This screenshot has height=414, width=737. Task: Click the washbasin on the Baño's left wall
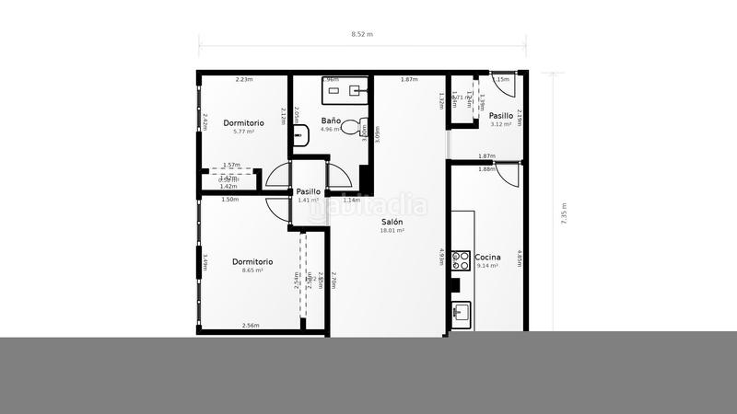[299, 137]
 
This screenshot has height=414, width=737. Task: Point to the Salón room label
[392, 222]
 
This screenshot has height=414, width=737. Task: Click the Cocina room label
[487, 256]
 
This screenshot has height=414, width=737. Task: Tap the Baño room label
[332, 121]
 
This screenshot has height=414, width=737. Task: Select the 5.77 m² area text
[243, 132]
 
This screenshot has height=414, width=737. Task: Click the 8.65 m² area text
[252, 270]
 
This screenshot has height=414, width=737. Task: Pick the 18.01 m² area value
[392, 231]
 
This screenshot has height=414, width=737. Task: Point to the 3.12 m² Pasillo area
[501, 124]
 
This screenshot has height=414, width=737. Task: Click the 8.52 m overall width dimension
[362, 34]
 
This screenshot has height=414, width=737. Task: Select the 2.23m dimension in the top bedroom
[244, 80]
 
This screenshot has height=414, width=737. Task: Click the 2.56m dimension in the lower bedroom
[250, 326]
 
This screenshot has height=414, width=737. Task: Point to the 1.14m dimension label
[351, 200]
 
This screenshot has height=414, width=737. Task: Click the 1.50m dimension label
[229, 200]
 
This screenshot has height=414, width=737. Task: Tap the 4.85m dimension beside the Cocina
[520, 259]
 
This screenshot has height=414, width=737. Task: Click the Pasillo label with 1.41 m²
[308, 191]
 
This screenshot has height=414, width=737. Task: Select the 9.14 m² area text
[487, 265]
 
